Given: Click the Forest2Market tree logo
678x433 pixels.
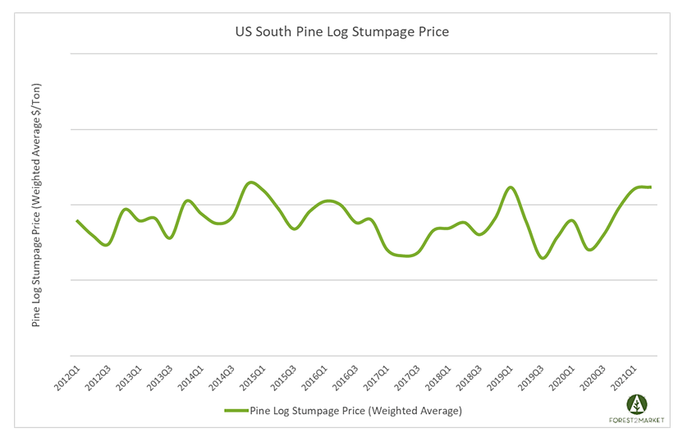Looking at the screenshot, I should pos(637,403).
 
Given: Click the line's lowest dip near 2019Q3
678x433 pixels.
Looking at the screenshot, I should pos(543,258).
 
